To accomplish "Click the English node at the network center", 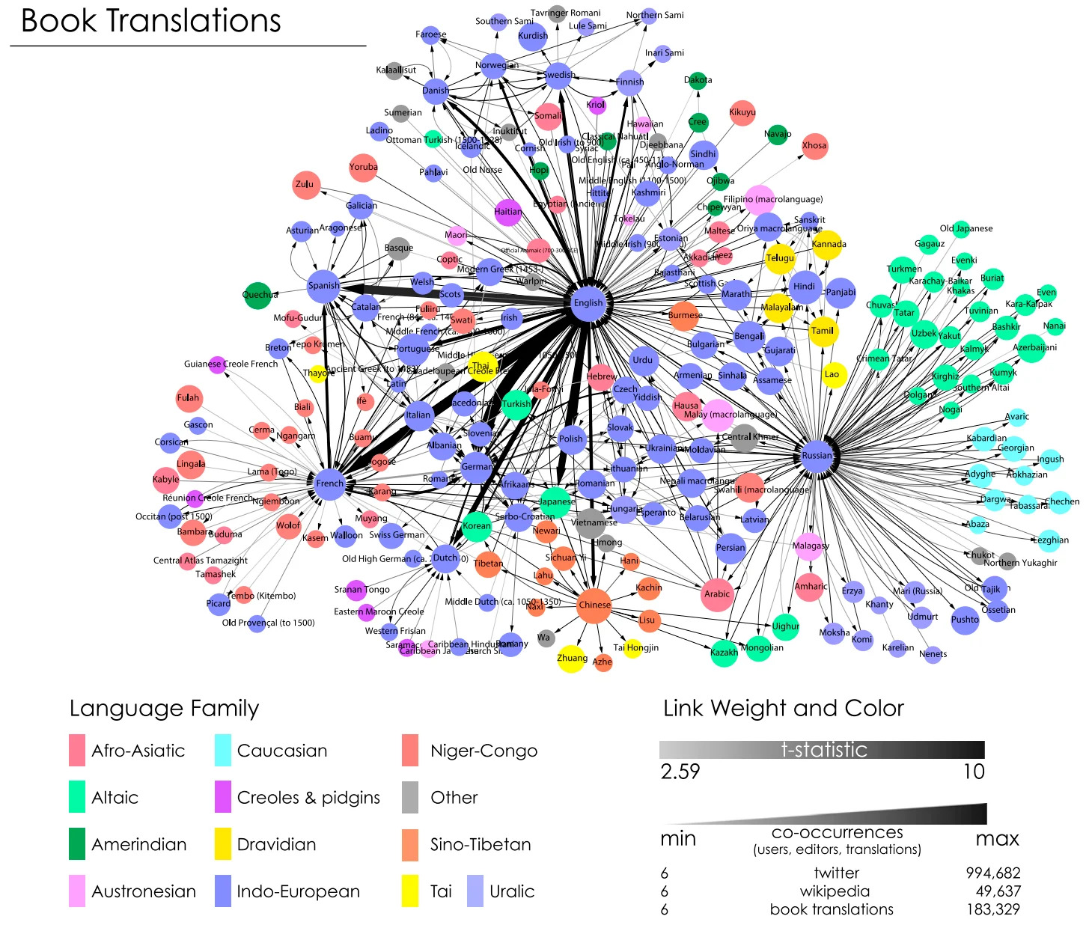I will click(588, 303).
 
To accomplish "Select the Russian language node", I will click(817, 455).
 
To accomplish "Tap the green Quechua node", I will click(257, 295).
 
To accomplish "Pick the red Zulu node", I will click(305, 184).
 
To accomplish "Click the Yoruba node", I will click(363, 168).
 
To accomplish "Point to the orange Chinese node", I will click(594, 605).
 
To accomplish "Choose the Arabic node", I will click(716, 594).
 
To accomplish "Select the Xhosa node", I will click(814, 146).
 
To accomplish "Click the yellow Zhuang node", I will click(571, 659).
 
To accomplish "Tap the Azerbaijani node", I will click(1033, 348).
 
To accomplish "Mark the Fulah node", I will click(189, 398).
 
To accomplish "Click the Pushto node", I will click(965, 620).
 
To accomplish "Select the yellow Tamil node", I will click(823, 331).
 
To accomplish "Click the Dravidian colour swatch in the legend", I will click(223, 844).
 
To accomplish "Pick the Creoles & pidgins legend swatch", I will click(223, 798).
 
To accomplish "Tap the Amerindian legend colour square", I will click(77, 844).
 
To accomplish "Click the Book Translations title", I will click(151, 21).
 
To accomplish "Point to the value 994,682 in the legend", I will click(992, 873).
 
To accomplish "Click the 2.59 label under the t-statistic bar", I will click(680, 772).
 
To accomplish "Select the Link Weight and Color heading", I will click(784, 708).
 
